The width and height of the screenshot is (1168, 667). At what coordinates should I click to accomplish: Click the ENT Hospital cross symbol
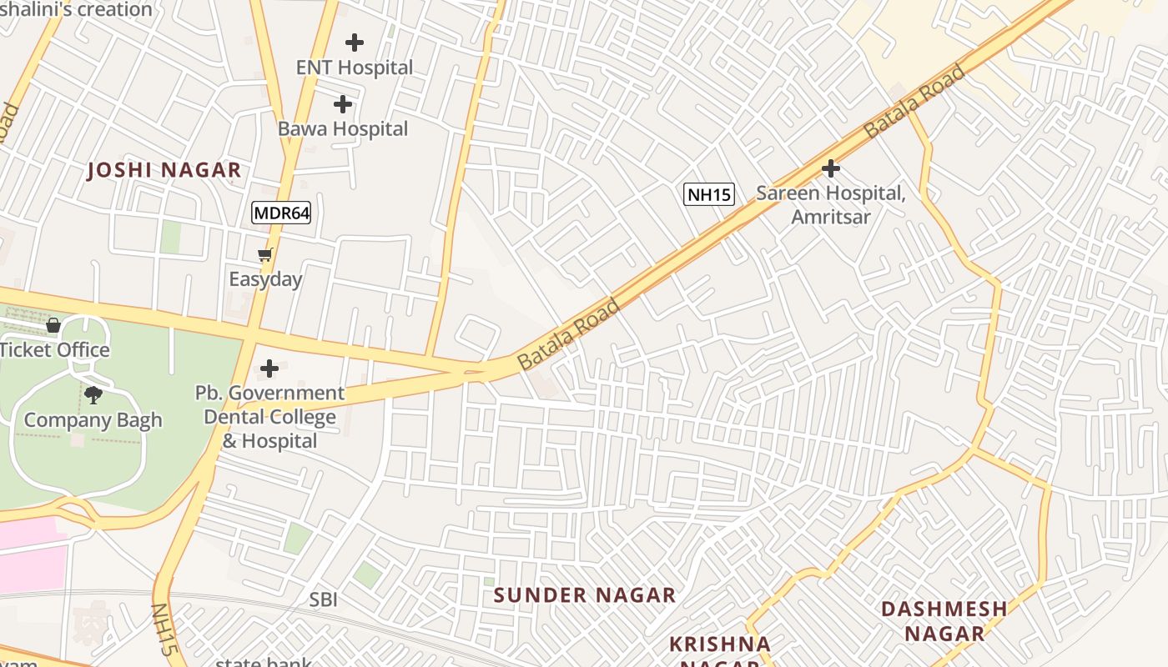click(355, 42)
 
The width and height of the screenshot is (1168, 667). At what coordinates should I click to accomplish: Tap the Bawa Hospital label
click(343, 129)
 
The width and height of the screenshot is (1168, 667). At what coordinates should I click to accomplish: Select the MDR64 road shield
click(281, 213)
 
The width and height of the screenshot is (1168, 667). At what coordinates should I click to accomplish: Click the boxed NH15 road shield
click(709, 195)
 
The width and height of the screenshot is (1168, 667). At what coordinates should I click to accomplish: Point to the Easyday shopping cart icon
click(265, 255)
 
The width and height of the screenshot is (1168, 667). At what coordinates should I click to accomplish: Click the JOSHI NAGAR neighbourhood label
click(164, 170)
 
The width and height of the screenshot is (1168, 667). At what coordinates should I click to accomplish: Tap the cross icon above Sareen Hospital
click(830, 168)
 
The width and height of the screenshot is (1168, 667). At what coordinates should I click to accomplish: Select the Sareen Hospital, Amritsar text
click(830, 205)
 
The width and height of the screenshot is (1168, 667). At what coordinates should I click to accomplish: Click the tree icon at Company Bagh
click(93, 395)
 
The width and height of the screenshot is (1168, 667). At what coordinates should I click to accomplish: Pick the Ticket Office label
click(54, 350)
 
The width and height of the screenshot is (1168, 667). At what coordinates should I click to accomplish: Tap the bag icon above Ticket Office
click(53, 325)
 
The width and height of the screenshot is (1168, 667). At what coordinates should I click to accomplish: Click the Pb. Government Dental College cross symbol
click(269, 368)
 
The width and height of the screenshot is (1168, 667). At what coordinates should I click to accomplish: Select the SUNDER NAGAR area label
click(584, 594)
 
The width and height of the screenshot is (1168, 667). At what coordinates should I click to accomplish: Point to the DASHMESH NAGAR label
click(944, 620)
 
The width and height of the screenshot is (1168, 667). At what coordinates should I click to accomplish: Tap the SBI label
click(324, 599)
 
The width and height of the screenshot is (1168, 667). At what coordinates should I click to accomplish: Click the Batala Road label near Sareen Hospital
click(914, 101)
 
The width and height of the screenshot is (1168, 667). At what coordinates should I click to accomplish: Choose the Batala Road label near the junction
click(569, 334)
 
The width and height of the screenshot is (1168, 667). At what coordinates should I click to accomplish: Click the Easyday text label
click(265, 279)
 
